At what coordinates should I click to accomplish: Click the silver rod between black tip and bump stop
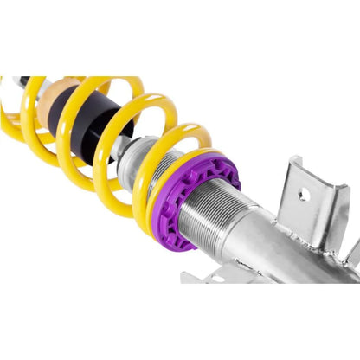pos(39,87)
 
